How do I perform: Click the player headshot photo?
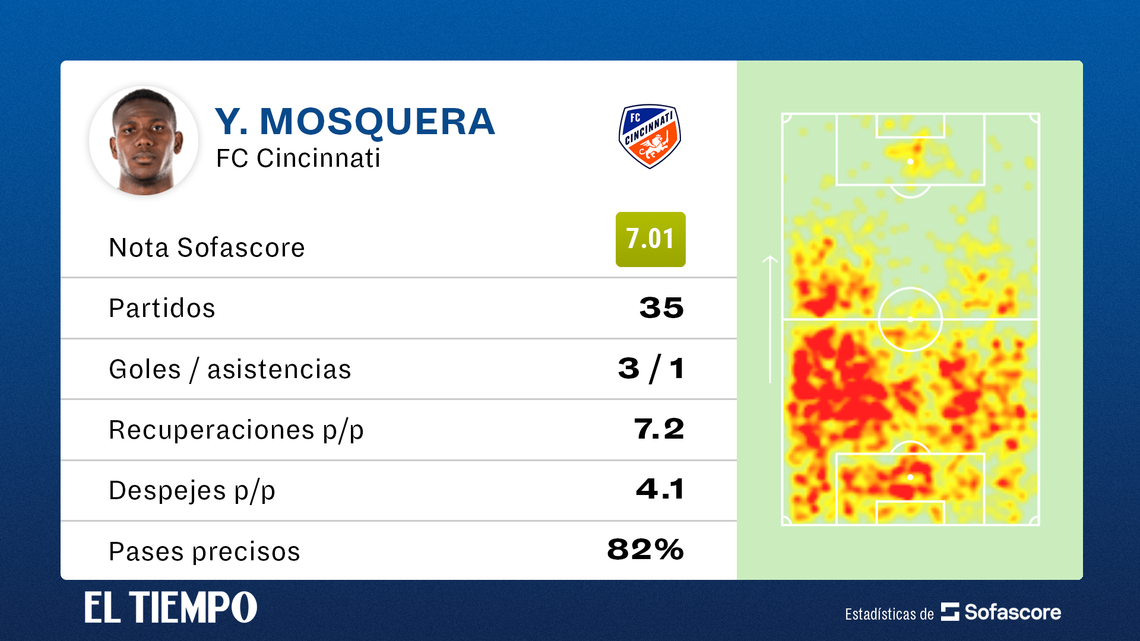point(144,141)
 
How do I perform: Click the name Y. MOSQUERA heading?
point(355,122)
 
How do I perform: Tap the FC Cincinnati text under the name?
point(298,158)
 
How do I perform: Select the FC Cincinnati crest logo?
point(650,137)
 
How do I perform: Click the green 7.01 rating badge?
point(650,239)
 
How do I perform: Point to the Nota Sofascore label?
point(207,247)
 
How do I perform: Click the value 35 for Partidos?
point(661,308)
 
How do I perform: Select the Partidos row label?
point(162,308)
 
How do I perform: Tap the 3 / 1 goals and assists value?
point(651,369)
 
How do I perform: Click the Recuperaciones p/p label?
point(236,430)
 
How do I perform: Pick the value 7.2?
point(659,429)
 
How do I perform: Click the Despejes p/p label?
point(192,490)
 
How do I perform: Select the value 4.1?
point(660,490)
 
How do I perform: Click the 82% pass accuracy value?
point(645,550)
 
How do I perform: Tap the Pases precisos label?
point(204,551)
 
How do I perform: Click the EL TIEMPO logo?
point(171,607)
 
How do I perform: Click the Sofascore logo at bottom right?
point(1001,612)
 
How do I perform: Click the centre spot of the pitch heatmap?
point(910,319)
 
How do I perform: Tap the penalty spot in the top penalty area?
point(910,161)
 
